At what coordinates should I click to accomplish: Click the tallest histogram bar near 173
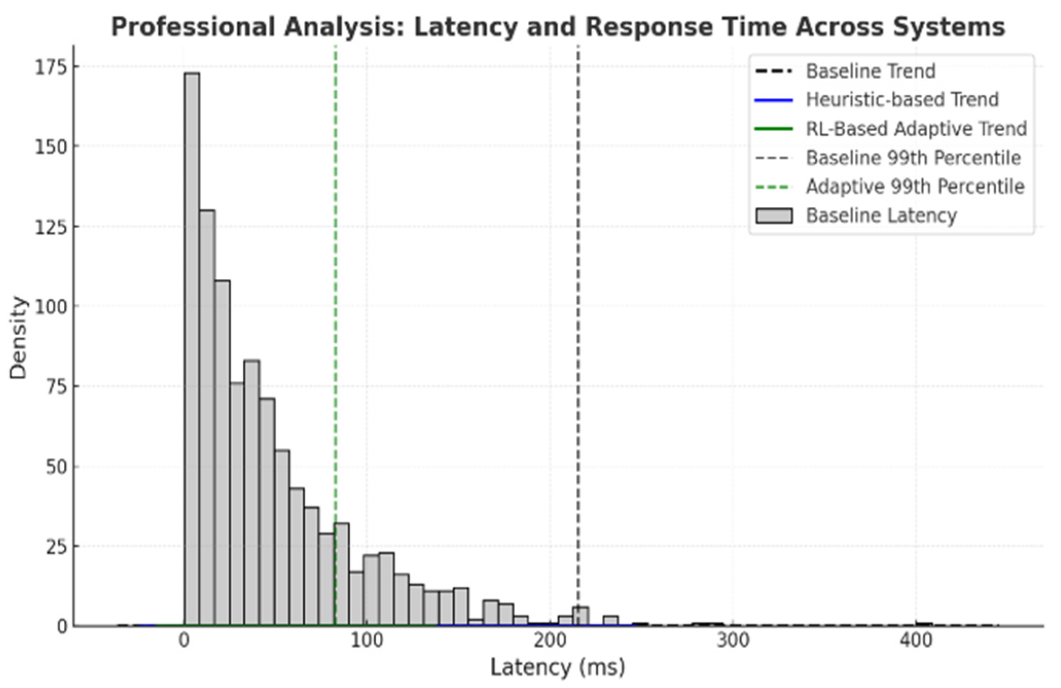[192, 350]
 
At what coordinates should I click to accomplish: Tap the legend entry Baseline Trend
[870, 71]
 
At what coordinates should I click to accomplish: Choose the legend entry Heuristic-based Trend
[902, 100]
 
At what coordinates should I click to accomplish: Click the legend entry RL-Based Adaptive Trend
[916, 129]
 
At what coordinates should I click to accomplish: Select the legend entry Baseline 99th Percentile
[913, 157]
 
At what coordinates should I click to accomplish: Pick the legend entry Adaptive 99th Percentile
[915, 186]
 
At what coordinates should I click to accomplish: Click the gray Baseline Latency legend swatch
[774, 215]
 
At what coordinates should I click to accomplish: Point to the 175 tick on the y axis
[50, 67]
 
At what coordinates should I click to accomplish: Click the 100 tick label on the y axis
[50, 306]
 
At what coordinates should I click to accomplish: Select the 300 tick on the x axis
[734, 641]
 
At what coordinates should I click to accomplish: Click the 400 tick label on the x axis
[917, 641]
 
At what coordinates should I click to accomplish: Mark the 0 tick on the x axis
[184, 641]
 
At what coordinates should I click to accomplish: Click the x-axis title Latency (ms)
[558, 668]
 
